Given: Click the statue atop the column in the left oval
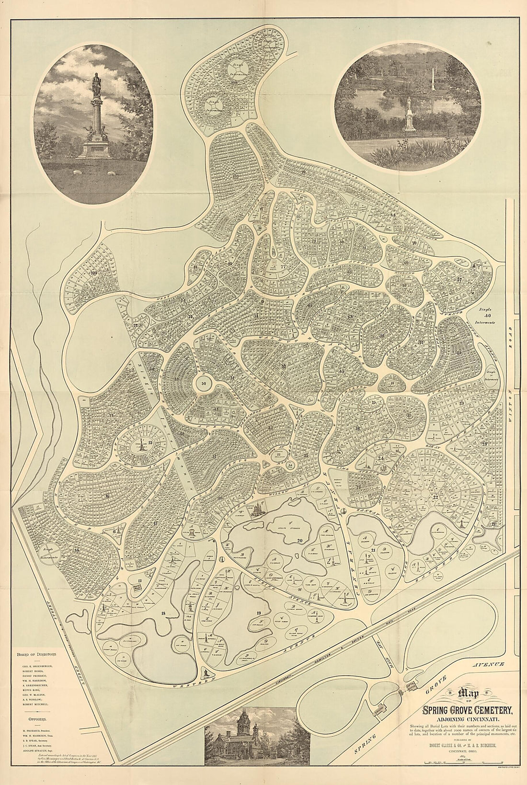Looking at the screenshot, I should click(96, 83).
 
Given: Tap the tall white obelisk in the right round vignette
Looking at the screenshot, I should click(433, 79).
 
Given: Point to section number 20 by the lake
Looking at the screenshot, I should click(300, 540).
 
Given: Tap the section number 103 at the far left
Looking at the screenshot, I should click(93, 272).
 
